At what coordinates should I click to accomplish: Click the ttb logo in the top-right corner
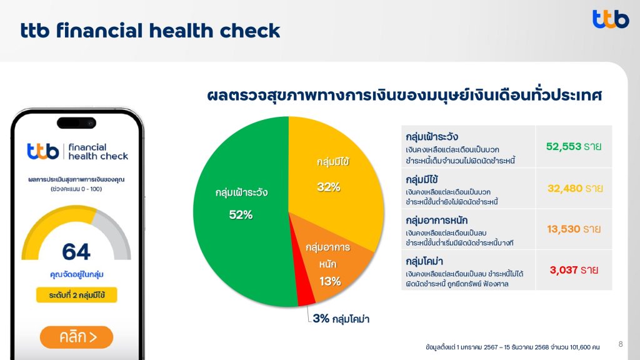point(611,19)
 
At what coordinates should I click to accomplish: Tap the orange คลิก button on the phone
point(76,337)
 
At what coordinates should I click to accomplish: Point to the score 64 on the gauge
point(76,251)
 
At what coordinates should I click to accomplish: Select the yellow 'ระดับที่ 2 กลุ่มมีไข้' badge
point(77,295)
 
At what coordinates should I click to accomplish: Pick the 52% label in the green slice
point(241,215)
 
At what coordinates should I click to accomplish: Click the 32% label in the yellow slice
point(329,187)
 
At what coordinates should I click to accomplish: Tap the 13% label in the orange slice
point(330,281)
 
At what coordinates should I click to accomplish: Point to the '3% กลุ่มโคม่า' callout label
point(341,319)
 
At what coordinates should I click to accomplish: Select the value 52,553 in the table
point(563,146)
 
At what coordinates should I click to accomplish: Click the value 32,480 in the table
point(565,188)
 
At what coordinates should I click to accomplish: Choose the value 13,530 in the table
point(563,229)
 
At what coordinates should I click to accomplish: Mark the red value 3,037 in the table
point(564,270)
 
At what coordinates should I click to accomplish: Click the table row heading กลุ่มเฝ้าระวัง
point(432,137)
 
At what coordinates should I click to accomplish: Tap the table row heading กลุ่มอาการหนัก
point(436,221)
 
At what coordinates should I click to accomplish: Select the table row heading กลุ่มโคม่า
point(424,261)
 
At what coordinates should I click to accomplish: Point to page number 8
point(621,344)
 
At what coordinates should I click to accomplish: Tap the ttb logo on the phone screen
point(43,151)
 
